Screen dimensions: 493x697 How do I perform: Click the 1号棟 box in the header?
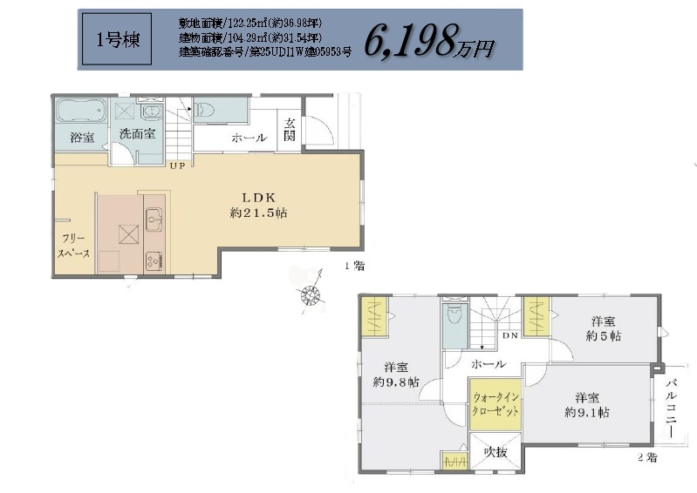pos(111,40)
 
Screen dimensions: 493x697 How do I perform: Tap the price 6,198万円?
pos(428,40)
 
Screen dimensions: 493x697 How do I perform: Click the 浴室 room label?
pos(82,137)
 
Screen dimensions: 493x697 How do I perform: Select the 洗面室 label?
pos(137,134)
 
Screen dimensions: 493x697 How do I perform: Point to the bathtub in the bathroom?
pos(81,112)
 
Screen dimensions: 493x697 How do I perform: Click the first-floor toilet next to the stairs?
pos(204,111)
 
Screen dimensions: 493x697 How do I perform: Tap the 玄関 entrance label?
pos(290,132)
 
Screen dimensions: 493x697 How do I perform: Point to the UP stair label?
pos(177,165)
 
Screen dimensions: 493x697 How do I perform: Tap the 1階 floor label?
pos(353,267)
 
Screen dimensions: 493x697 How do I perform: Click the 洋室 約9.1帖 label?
pos(586,403)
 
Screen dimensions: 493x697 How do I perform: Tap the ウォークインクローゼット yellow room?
pos(495,404)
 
